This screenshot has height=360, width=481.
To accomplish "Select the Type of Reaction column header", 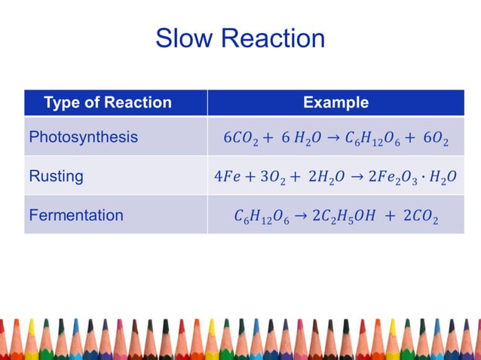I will (108, 102).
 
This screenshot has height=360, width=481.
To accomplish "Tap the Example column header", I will (335, 102).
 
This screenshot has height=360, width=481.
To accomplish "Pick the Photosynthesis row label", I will (83, 137).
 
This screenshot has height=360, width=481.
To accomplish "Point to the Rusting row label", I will (56, 176).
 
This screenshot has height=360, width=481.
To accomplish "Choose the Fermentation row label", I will (75, 215).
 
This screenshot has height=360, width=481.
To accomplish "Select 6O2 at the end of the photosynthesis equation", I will (435, 139).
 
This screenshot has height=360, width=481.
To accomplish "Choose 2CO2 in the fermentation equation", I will (421, 217).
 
